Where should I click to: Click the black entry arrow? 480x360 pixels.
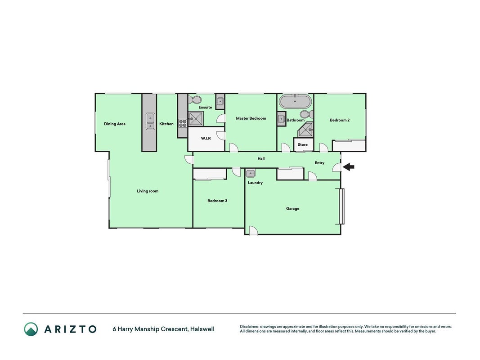[348, 167]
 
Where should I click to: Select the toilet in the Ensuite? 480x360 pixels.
[195, 100]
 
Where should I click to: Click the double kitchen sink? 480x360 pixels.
[150, 121]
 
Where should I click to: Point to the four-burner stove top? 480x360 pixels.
[183, 123]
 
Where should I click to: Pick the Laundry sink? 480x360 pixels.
[251, 173]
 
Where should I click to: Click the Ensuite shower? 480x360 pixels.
[196, 118]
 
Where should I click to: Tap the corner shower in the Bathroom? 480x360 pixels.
[305, 130]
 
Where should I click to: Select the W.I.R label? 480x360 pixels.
[206, 138]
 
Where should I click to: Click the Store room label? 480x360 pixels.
[302, 144]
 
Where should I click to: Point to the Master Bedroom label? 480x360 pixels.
[251, 118]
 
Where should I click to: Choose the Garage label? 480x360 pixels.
[293, 208]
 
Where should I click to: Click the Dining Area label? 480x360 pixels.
[115, 124]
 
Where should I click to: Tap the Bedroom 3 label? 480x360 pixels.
[217, 201]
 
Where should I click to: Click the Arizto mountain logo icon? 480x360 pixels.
[31, 329]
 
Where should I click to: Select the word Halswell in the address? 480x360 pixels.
[202, 329]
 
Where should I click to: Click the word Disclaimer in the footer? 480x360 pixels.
[250, 327]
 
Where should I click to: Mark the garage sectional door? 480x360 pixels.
[342, 206]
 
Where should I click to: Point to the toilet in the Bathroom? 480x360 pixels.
[307, 114]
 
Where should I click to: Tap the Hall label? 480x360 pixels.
[261, 158]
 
